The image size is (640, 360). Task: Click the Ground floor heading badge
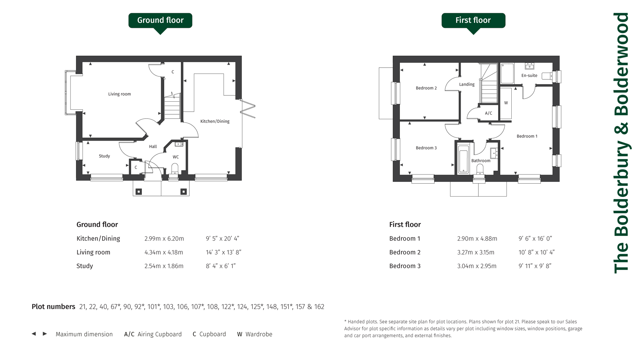coord(160,20)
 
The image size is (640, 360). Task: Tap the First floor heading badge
coord(473,20)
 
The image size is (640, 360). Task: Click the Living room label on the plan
coord(119,94)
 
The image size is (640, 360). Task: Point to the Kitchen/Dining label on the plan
coord(215,121)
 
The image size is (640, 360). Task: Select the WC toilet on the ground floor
coord(175,168)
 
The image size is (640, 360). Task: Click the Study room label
coord(104,156)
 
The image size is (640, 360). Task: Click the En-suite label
coord(529,75)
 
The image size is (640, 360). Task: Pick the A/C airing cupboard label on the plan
coord(489,113)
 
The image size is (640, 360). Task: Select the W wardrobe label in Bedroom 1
coord(506,103)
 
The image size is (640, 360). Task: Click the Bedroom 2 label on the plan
coord(426,88)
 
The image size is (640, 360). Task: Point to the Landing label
coord(467,84)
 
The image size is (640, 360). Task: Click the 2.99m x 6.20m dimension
coord(164,239)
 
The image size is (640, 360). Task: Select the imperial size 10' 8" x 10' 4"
coord(536,252)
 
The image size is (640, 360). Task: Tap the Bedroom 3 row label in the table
coord(405,266)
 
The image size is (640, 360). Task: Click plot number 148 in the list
coord(272,307)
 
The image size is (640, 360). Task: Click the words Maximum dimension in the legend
coord(84,334)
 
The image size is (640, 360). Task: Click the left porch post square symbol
coord(139,192)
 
